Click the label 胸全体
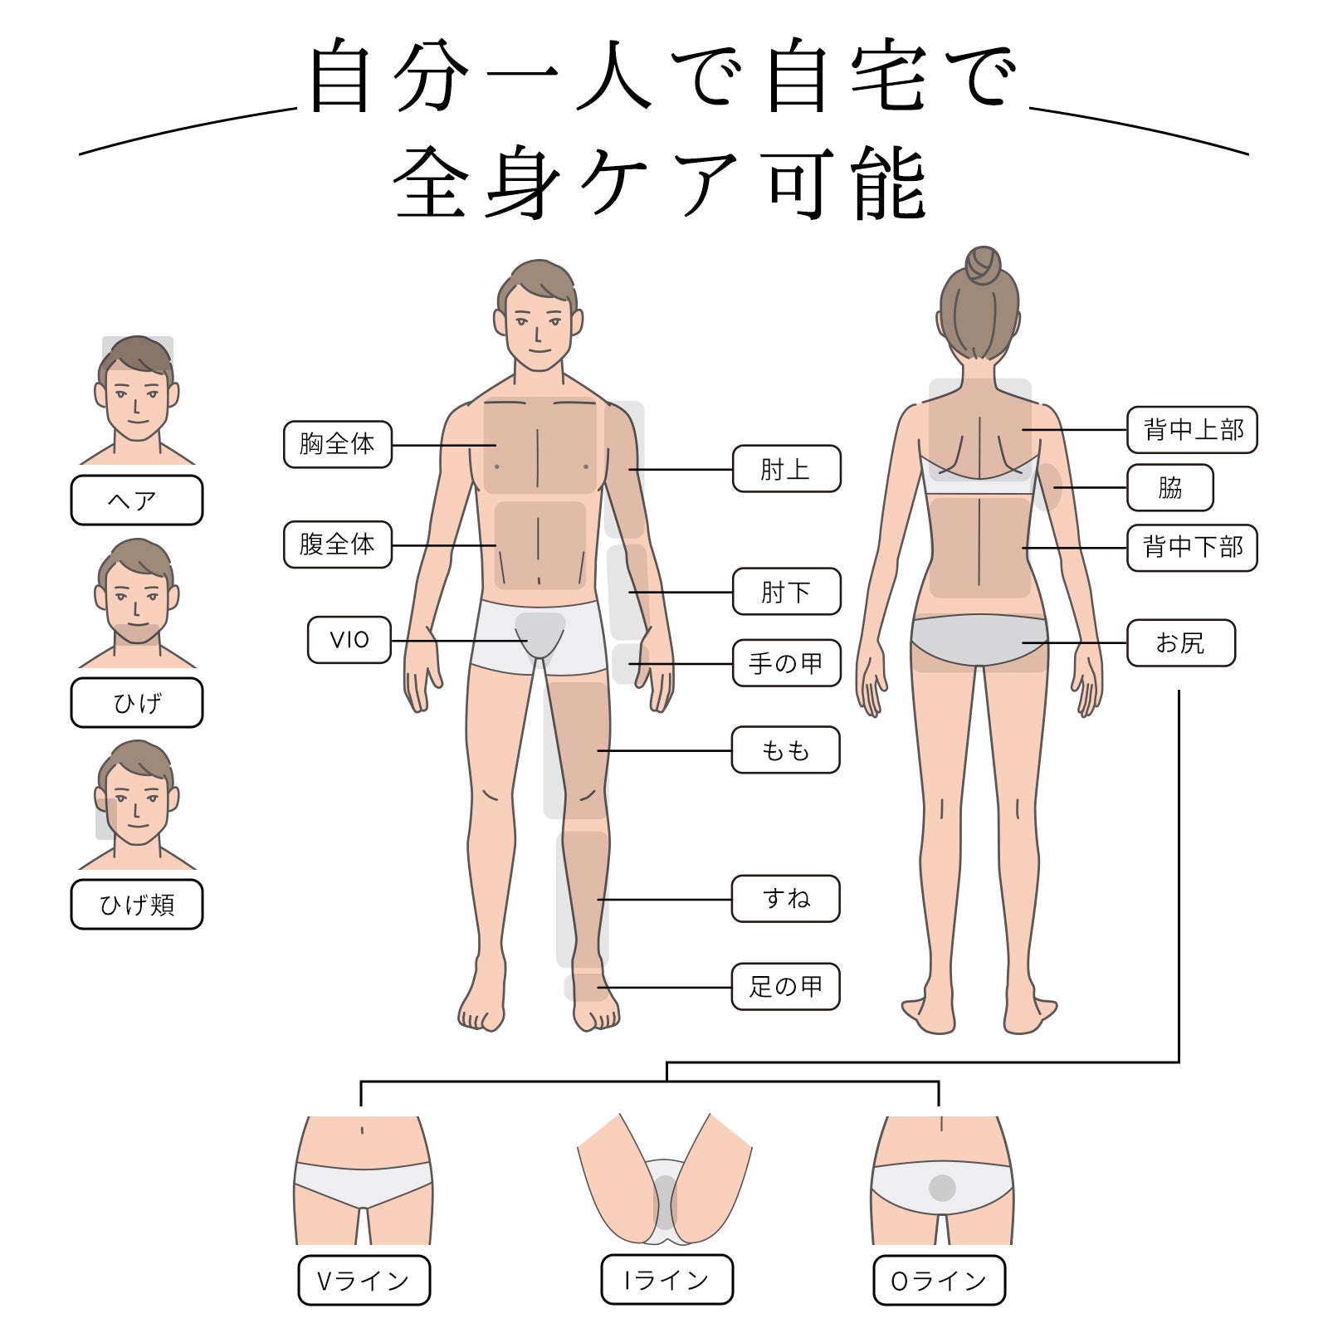pyautogui.click(x=337, y=444)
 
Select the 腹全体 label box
pyautogui.click(x=337, y=544)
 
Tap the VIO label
pyautogui.click(x=349, y=640)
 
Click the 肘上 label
pyautogui.click(x=786, y=469)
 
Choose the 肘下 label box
pyautogui.click(x=786, y=592)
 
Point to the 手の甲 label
pyautogui.click(x=786, y=662)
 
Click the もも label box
pyautogui.click(x=785, y=750)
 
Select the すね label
pyautogui.click(x=785, y=898)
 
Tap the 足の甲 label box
pyautogui.click(x=785, y=986)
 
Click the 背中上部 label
pyautogui.click(x=1192, y=430)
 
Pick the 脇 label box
pyautogui.click(x=1169, y=487)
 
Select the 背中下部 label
pyautogui.click(x=1192, y=548)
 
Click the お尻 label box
pyautogui.click(x=1180, y=642)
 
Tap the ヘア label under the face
pyautogui.click(x=137, y=500)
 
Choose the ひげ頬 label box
pyautogui.click(x=137, y=904)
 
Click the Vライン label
pyautogui.click(x=364, y=1280)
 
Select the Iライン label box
pyautogui.click(x=666, y=1280)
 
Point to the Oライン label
pyautogui.click(x=939, y=1280)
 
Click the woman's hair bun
pyautogui.click(x=983, y=266)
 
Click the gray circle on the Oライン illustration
pyautogui.click(x=942, y=1188)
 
